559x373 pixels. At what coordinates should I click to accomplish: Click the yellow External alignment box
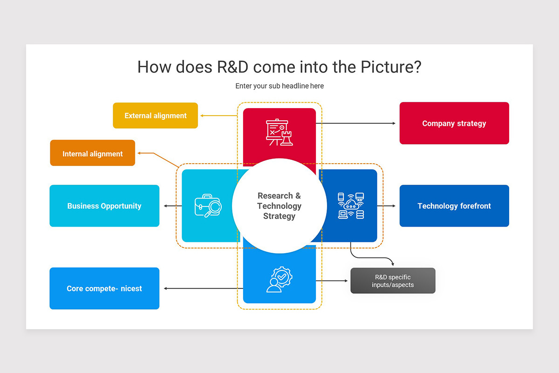(155, 116)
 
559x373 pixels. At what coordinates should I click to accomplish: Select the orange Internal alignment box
(92, 153)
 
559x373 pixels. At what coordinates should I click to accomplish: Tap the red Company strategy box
(454, 124)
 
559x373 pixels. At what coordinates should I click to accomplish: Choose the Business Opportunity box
(104, 206)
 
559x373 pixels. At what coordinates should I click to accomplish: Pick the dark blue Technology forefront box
(454, 206)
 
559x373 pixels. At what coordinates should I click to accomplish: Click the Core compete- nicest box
(104, 289)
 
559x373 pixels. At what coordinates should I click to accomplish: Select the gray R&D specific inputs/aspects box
(393, 281)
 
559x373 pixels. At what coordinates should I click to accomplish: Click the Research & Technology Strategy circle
(279, 206)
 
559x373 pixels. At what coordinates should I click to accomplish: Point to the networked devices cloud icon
(351, 206)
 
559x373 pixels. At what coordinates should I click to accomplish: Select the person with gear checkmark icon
(279, 279)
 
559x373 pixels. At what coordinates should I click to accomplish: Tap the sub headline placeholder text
(279, 86)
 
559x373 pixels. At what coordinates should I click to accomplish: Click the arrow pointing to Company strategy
(356, 124)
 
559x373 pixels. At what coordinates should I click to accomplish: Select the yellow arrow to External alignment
(218, 116)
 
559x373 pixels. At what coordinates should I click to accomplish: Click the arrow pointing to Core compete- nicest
(203, 289)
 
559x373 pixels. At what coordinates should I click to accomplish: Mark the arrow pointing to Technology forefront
(387, 206)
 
